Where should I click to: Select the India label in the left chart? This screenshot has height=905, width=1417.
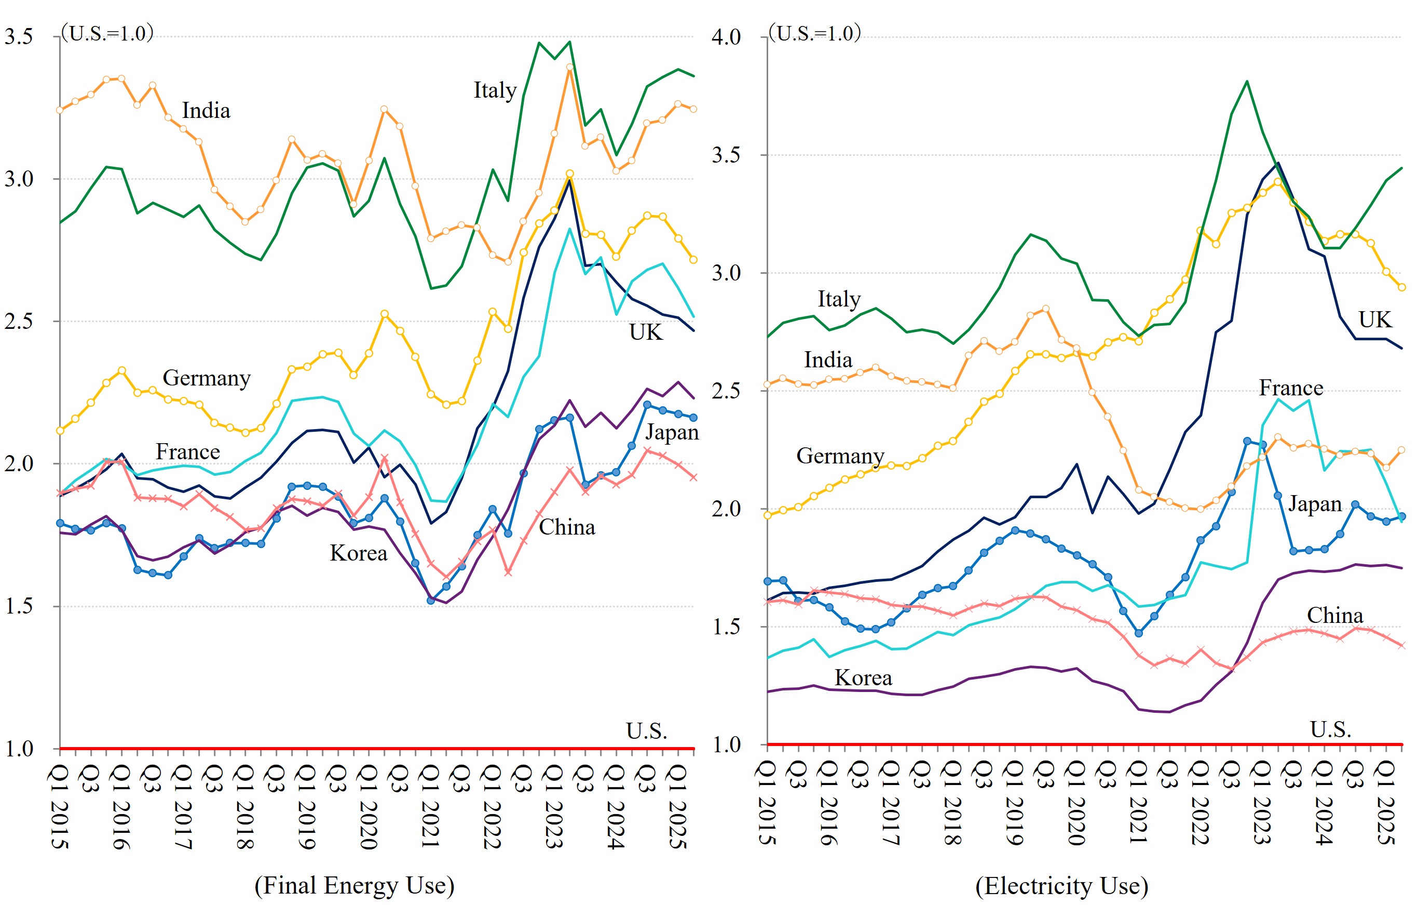click(x=206, y=111)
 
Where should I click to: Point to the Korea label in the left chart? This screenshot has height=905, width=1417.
click(x=358, y=553)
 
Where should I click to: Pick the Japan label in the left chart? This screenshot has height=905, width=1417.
click(x=672, y=433)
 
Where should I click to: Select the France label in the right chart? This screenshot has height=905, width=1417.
click(x=1291, y=388)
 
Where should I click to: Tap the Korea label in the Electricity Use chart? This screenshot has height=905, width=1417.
click(x=863, y=678)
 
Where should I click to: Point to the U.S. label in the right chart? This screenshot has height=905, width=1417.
click(x=1330, y=729)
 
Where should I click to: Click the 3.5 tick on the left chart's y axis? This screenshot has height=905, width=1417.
click(x=19, y=36)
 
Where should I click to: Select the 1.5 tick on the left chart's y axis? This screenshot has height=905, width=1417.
click(x=19, y=606)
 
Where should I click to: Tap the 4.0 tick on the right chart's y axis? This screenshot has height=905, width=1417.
click(x=726, y=37)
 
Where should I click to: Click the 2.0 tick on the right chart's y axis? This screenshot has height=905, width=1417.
click(x=726, y=509)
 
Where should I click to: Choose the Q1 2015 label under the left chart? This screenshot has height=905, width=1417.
click(x=60, y=807)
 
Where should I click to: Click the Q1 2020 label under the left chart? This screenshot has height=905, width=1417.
click(x=369, y=807)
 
